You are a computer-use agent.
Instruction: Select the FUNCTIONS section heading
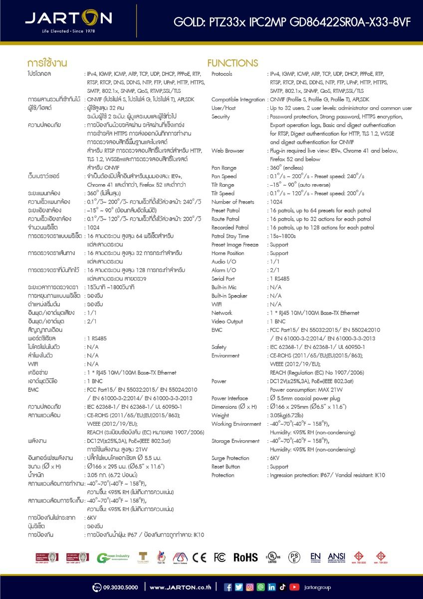(233, 63)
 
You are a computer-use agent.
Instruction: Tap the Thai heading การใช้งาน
(47, 63)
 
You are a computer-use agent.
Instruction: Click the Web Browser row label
(227, 151)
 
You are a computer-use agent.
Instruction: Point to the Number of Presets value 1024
(276, 202)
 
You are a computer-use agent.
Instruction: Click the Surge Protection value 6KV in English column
(275, 458)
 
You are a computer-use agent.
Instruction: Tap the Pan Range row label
(224, 168)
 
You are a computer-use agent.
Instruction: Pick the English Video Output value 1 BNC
(277, 321)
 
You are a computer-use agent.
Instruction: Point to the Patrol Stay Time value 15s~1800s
(282, 236)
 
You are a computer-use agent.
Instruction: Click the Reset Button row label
(225, 467)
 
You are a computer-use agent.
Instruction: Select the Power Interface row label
(229, 398)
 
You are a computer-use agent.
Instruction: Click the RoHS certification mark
(245, 558)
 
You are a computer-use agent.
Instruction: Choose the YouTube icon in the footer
(294, 587)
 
